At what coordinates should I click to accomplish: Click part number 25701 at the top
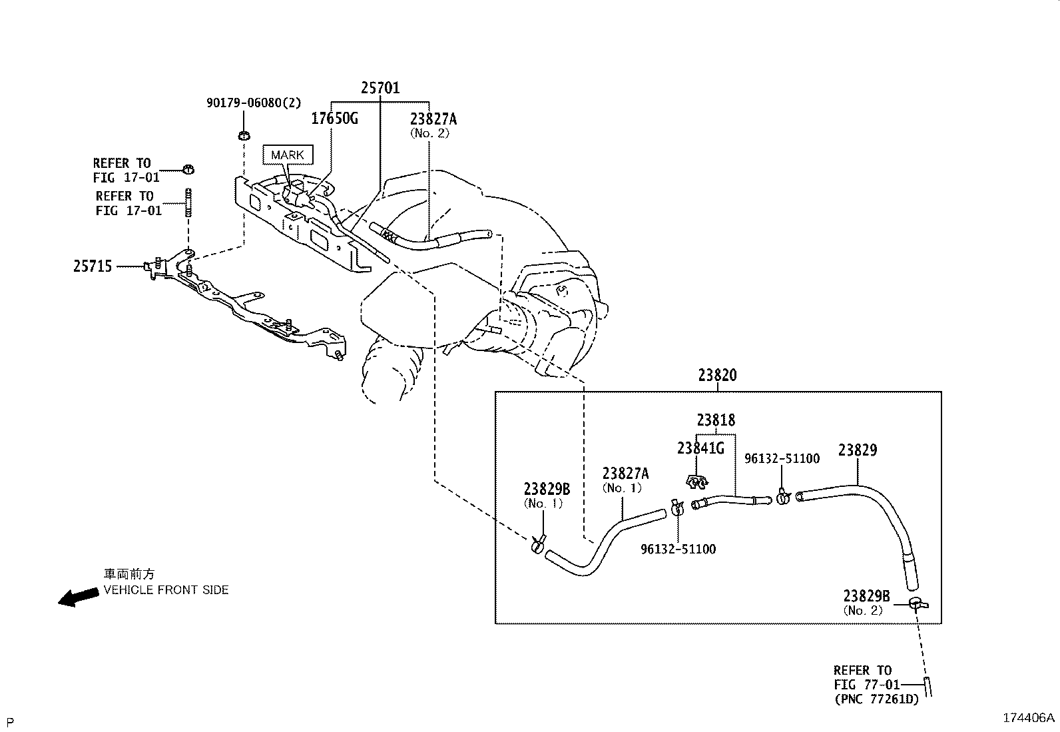click(380, 88)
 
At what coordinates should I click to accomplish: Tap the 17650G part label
click(334, 119)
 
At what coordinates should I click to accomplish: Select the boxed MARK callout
click(288, 155)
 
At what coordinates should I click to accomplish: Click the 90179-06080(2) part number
click(254, 103)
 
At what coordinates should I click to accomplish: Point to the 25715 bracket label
click(93, 266)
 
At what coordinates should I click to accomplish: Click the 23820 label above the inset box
click(717, 376)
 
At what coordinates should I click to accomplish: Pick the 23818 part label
click(716, 420)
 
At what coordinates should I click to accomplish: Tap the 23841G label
click(700, 448)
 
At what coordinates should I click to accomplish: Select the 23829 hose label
click(858, 450)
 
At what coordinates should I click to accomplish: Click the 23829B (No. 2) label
click(866, 602)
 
